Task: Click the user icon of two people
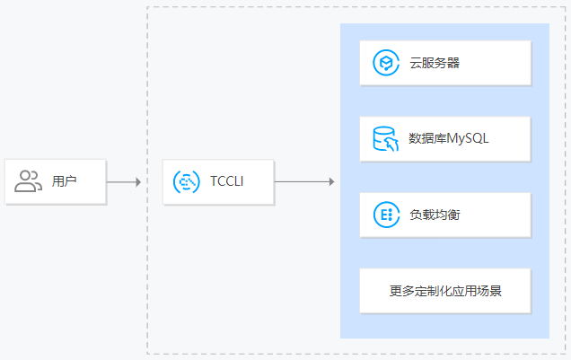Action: tap(29, 181)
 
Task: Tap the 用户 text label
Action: tap(65, 181)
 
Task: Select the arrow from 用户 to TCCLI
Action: tap(123, 182)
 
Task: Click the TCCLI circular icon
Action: tap(186, 181)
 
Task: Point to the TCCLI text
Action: tap(226, 181)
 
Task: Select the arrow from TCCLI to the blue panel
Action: tap(303, 182)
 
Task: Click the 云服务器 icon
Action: tap(385, 63)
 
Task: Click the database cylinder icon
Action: tap(385, 138)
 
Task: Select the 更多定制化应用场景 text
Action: tap(445, 290)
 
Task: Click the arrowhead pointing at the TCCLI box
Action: tap(138, 182)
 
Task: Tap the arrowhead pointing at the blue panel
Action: tap(331, 182)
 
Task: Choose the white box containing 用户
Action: tap(56, 181)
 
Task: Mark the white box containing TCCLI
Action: tap(218, 181)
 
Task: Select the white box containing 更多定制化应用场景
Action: tap(445, 290)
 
